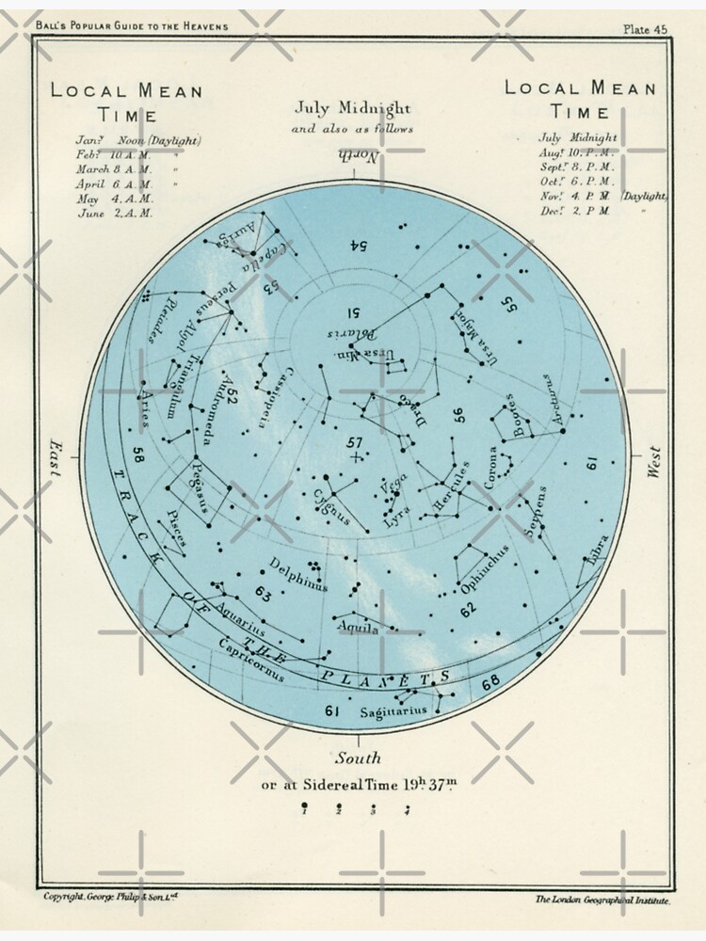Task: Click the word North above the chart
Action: pyautogui.click(x=359, y=157)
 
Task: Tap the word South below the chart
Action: pyautogui.click(x=359, y=758)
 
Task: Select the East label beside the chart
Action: pyautogui.click(x=54, y=461)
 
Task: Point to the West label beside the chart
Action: pyautogui.click(x=655, y=462)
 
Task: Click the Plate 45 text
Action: pyautogui.click(x=645, y=29)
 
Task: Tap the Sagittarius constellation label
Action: pyautogui.click(x=393, y=711)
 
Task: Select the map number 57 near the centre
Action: pyautogui.click(x=354, y=442)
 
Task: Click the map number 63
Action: pyautogui.click(x=263, y=595)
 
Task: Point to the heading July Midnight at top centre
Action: pyautogui.click(x=353, y=108)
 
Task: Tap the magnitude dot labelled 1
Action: pyautogui.click(x=304, y=806)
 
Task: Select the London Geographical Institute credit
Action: pyautogui.click(x=602, y=901)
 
